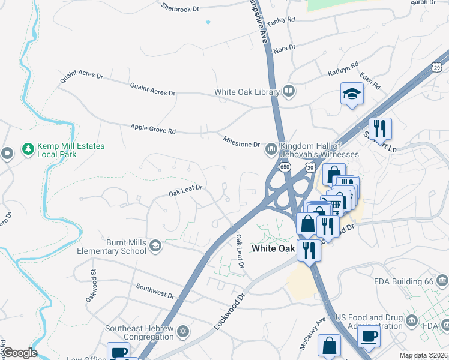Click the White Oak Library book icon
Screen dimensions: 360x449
point(289,92)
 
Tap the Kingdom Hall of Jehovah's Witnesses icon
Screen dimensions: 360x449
point(271,148)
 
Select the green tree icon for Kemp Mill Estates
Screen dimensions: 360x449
point(27,148)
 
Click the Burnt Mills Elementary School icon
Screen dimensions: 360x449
point(155,245)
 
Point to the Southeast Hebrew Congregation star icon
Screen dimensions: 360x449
point(183,331)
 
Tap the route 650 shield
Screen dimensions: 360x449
point(285,166)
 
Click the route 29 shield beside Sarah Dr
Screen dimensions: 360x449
point(438,65)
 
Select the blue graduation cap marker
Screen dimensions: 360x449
point(352,94)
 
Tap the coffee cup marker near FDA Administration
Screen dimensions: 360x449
point(369,335)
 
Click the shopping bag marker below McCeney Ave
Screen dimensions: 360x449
point(329,346)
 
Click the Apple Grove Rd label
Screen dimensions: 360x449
point(153,129)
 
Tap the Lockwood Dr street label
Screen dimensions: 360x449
point(230,310)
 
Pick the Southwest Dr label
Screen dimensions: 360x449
point(155,291)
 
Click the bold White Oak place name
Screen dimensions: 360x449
point(273,248)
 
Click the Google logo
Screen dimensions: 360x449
point(19,353)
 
